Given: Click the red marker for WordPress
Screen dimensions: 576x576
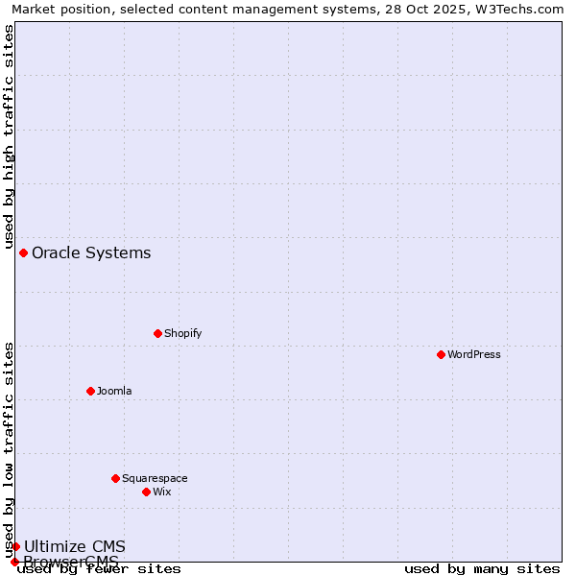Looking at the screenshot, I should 441,354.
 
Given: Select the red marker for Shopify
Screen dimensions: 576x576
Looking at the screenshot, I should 157,333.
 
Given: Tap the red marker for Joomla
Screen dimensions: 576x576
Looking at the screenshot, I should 90,391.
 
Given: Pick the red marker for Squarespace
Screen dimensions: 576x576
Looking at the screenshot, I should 115,478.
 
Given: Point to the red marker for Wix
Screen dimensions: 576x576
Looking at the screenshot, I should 146,492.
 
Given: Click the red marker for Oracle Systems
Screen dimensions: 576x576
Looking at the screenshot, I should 23,252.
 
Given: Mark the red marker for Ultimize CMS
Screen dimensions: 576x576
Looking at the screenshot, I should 15,546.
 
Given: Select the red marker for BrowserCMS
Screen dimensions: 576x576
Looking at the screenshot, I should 14,562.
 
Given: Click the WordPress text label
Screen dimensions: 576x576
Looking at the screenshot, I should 474,354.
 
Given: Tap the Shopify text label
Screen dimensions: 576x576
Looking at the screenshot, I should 182,333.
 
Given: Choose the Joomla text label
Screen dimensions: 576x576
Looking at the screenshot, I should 114,391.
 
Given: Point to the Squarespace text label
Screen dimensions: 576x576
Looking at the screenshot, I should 155,478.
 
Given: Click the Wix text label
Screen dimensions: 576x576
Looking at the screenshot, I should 161,492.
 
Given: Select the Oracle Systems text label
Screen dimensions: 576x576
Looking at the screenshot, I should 91,252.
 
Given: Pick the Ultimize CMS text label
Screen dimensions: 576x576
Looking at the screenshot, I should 75,546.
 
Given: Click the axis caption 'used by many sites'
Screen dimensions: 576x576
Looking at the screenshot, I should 482,568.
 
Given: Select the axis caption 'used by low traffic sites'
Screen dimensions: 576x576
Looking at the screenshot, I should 9,449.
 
